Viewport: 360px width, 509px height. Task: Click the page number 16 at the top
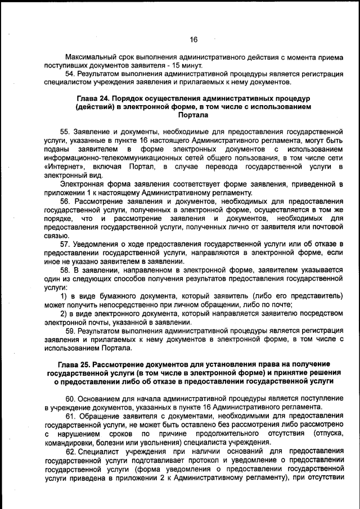pos(193,39)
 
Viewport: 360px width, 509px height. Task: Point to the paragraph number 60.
pos(71,398)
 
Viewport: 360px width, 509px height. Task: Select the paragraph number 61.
pos(71,416)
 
